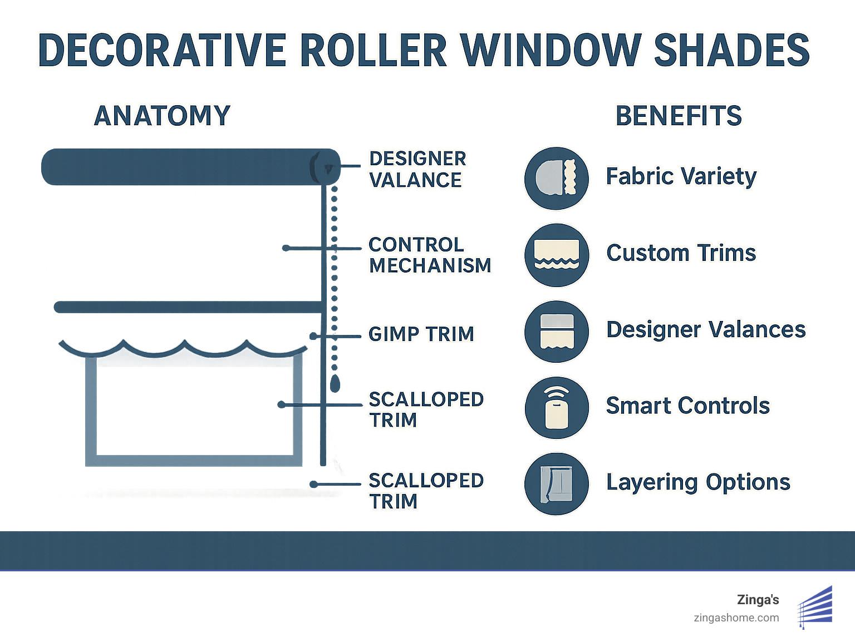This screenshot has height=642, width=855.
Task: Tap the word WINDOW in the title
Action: (550, 50)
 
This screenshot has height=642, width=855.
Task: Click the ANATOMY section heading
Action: (162, 116)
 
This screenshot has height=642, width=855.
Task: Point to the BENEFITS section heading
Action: (679, 116)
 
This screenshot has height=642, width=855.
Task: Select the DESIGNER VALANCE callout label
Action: (417, 169)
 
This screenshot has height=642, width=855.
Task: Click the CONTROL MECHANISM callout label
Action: (430, 255)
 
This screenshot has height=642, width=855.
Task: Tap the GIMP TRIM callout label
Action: (421, 334)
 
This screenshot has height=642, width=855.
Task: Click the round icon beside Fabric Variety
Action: (557, 178)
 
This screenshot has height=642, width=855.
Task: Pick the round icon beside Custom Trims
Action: (557, 255)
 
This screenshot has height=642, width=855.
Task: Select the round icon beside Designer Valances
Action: (557, 332)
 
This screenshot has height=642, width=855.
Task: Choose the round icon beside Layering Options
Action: (557, 483)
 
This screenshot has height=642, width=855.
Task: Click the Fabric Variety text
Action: (681, 176)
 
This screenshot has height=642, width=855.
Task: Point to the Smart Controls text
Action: (687, 406)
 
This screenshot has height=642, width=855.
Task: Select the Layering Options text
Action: (698, 482)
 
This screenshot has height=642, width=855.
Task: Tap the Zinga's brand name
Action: (758, 600)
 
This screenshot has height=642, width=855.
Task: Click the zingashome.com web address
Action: (736, 618)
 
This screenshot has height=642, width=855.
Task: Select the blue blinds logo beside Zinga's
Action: (815, 606)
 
